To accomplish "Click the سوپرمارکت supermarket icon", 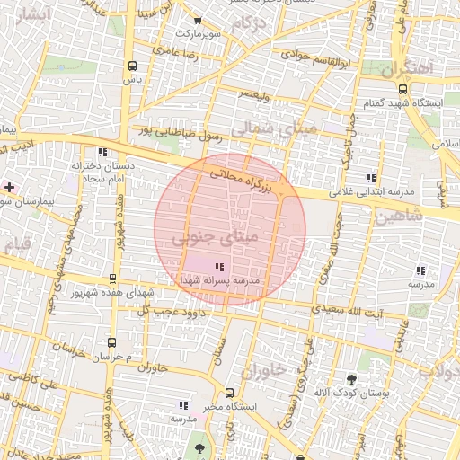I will (x=198, y=20).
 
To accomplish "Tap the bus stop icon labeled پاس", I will (x=133, y=66).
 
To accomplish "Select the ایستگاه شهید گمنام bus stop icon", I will (x=403, y=89).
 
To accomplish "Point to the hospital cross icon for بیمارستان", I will (x=9, y=187).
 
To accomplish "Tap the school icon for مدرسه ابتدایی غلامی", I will (x=372, y=177).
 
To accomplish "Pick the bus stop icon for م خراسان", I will (x=111, y=342).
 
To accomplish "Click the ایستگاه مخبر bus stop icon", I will (x=230, y=393).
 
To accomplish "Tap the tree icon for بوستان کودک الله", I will (x=351, y=379).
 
